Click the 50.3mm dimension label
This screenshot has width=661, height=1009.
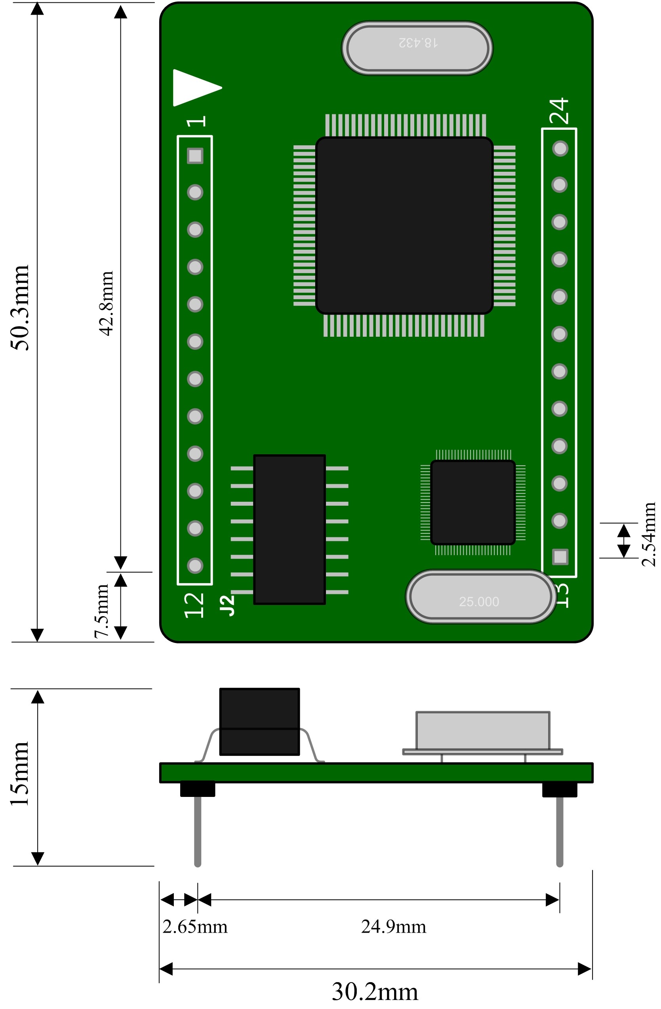[x=20, y=308]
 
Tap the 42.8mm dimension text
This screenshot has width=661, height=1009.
[x=107, y=303]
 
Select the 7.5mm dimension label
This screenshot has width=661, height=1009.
[x=101, y=611]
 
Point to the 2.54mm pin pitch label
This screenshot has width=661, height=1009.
[x=649, y=534]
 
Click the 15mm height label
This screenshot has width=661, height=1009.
[x=20, y=774]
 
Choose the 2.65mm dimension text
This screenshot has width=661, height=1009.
[x=195, y=927]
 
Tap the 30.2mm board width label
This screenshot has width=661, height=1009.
[x=375, y=992]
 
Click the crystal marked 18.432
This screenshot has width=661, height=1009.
[x=417, y=48]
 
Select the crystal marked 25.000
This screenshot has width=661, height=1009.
[x=481, y=597]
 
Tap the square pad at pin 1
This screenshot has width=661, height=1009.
[x=195, y=156]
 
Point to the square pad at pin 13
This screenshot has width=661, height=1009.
[x=560, y=557]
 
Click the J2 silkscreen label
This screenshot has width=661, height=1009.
[x=227, y=605]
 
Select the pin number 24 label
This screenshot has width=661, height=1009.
[x=560, y=111]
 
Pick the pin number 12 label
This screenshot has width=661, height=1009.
[x=194, y=605]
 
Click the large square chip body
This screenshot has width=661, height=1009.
[x=404, y=225]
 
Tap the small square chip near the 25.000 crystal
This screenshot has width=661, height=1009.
[x=472, y=502]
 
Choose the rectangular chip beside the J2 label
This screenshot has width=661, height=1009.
[x=290, y=529]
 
